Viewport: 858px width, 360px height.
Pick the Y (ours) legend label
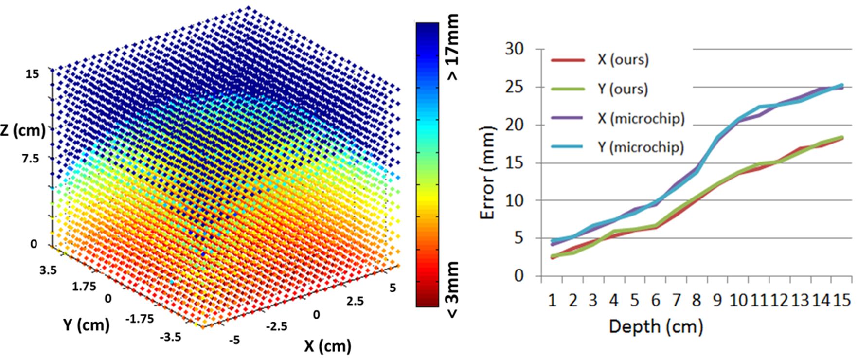pos(623,89)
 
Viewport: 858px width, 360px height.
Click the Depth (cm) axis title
pos(656,326)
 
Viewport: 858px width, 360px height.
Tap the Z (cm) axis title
pos(23,130)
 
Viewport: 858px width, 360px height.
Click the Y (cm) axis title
pos(86,324)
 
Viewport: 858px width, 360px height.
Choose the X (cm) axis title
pos(327,346)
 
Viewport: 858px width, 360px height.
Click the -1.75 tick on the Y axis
pos(140,319)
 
